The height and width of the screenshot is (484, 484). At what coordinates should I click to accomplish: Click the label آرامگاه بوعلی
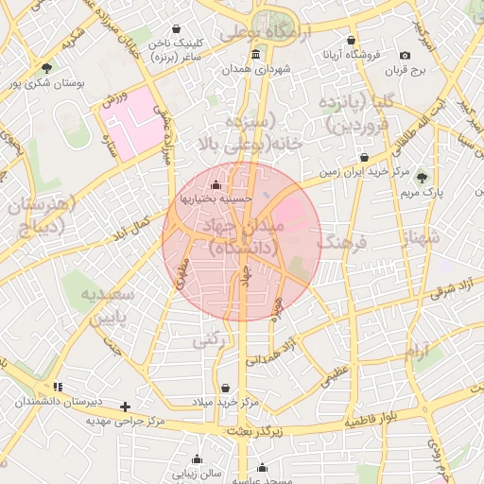[x=261, y=32]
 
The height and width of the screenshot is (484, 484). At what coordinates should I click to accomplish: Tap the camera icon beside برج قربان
[x=406, y=55]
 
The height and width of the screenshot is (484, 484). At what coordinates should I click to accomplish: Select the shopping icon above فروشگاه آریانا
[x=352, y=41]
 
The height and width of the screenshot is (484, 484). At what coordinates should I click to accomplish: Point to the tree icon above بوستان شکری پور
[x=46, y=67]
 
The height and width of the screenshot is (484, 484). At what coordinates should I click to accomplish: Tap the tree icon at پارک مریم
[x=422, y=177]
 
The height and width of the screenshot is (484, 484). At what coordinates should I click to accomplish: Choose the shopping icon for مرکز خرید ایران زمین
[x=364, y=157]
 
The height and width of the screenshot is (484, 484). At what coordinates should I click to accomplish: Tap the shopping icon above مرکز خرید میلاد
[x=225, y=388]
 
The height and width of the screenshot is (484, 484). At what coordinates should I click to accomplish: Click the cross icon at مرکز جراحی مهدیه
[x=126, y=406]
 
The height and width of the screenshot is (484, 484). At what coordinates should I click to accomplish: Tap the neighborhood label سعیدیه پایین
[x=114, y=306]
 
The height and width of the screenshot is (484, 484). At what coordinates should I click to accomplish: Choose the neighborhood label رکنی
[x=209, y=341]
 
